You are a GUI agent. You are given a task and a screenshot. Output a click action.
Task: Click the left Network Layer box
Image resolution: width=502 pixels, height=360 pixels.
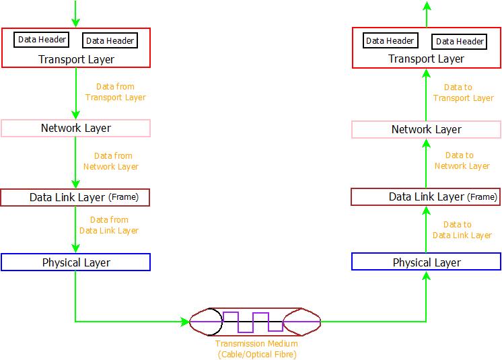[x=75, y=128]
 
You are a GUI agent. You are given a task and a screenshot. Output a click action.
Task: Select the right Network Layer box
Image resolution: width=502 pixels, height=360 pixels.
[x=426, y=129]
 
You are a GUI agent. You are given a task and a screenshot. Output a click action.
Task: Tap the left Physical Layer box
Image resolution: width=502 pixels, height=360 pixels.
[x=75, y=262]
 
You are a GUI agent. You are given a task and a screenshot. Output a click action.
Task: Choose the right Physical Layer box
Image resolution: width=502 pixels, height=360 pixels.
[x=426, y=262]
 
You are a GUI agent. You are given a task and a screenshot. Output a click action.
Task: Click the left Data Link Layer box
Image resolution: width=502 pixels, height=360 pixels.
[x=75, y=197]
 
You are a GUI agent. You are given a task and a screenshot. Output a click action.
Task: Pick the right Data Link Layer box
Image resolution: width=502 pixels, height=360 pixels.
[x=426, y=196]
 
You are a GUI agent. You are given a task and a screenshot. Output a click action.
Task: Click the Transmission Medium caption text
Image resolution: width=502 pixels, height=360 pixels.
[x=256, y=349]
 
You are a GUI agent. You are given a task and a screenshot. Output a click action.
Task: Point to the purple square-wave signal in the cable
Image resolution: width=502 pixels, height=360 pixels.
[x=253, y=321]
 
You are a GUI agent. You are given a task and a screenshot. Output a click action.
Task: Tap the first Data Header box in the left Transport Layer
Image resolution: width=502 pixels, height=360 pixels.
[x=42, y=39]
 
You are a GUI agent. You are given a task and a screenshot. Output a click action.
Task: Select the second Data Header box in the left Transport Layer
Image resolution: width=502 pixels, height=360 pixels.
[x=110, y=41]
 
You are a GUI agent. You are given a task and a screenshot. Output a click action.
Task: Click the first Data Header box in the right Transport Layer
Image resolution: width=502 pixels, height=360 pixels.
[x=390, y=40]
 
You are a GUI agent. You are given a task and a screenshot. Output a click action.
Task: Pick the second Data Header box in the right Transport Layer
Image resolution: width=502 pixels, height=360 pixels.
[x=460, y=41]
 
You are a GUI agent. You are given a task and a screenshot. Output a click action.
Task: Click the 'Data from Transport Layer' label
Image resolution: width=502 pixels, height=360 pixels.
[x=115, y=92]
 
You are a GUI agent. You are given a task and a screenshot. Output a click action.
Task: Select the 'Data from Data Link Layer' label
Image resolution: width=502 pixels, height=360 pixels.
[x=109, y=225]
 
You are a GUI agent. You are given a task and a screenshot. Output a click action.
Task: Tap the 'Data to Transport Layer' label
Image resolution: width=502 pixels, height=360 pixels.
[x=463, y=93]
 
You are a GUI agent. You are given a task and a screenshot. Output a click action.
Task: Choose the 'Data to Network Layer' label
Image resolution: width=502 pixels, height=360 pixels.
[x=462, y=161]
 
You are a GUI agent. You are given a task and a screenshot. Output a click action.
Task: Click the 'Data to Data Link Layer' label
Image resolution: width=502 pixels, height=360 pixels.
[x=462, y=230]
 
